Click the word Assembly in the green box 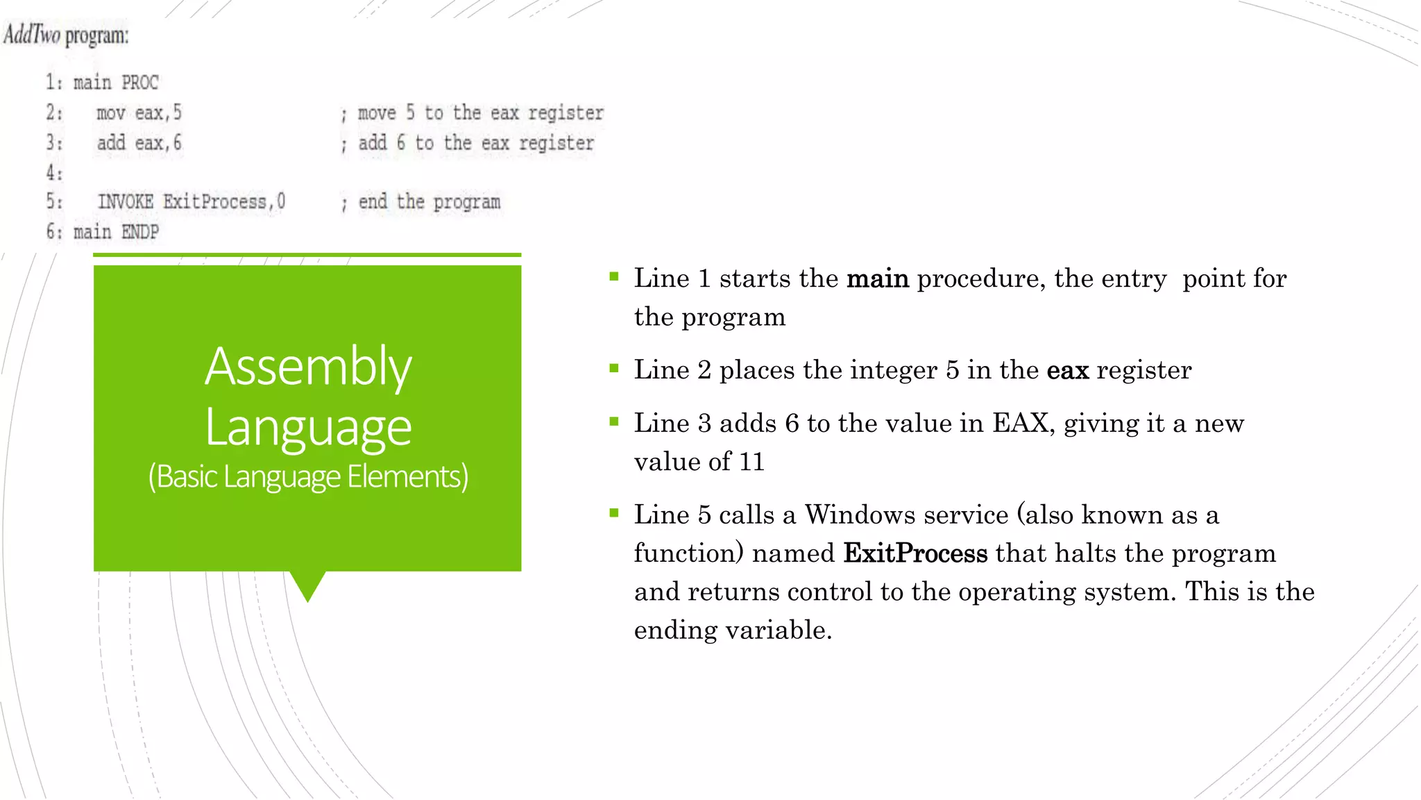tap(308, 367)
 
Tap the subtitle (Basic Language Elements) tap(308, 477)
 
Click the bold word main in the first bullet tap(878, 278)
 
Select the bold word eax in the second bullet tap(1067, 370)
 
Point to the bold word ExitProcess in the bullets tap(915, 553)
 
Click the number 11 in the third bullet tap(751, 462)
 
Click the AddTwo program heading tap(66, 35)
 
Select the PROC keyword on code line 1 tap(140, 83)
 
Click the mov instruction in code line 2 tap(110, 112)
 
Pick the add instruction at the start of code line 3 tap(110, 143)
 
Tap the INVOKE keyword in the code tap(126, 202)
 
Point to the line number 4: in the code tap(54, 172)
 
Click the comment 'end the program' tap(429, 202)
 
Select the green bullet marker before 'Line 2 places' tap(614, 369)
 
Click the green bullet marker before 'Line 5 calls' tap(614, 514)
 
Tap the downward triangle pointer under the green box tap(307, 585)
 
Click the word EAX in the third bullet tap(1020, 424)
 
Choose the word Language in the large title tap(308, 427)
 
